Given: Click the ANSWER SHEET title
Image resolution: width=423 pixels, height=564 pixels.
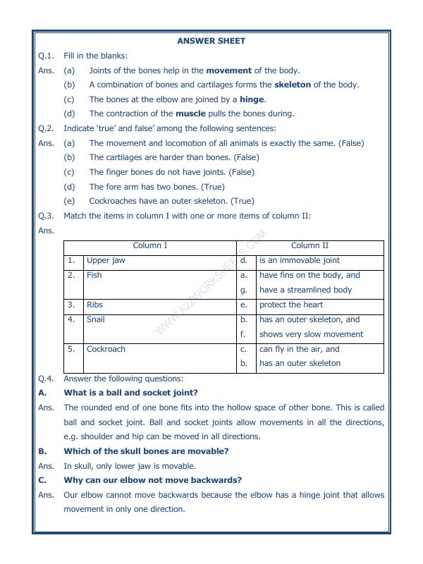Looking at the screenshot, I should pyautogui.click(x=211, y=41).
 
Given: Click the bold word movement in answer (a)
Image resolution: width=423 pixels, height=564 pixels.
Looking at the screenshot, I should pyautogui.click(x=228, y=70).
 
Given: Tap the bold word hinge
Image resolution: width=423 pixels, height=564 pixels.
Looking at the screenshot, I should pyautogui.click(x=252, y=99).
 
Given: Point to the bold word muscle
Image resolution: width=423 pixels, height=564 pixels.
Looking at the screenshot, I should pyautogui.click(x=190, y=114).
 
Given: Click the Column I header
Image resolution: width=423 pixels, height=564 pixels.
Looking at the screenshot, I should pyautogui.click(x=150, y=246).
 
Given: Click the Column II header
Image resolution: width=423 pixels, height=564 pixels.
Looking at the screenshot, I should pyautogui.click(x=309, y=246).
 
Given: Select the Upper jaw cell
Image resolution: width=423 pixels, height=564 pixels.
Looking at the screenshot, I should pyautogui.click(x=106, y=261).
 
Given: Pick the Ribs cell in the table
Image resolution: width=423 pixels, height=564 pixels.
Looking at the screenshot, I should pyautogui.click(x=94, y=305).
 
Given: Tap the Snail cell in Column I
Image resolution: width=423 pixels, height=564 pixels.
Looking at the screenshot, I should pyautogui.click(x=95, y=319).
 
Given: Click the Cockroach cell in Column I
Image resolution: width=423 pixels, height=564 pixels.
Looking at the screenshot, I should pyautogui.click(x=106, y=349).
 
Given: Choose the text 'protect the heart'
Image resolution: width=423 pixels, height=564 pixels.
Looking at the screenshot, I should pyautogui.click(x=291, y=305).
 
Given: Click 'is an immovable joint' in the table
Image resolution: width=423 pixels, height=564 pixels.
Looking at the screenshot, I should pyautogui.click(x=300, y=261).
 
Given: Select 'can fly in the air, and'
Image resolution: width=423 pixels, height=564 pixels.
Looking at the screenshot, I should pyautogui.click(x=299, y=349).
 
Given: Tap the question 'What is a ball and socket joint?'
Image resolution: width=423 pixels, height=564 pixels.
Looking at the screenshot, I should pyautogui.click(x=130, y=393).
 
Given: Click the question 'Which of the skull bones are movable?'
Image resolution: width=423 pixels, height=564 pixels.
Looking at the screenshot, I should pyautogui.click(x=146, y=451).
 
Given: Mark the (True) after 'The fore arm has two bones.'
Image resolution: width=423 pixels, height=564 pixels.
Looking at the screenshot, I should pyautogui.click(x=213, y=187).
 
